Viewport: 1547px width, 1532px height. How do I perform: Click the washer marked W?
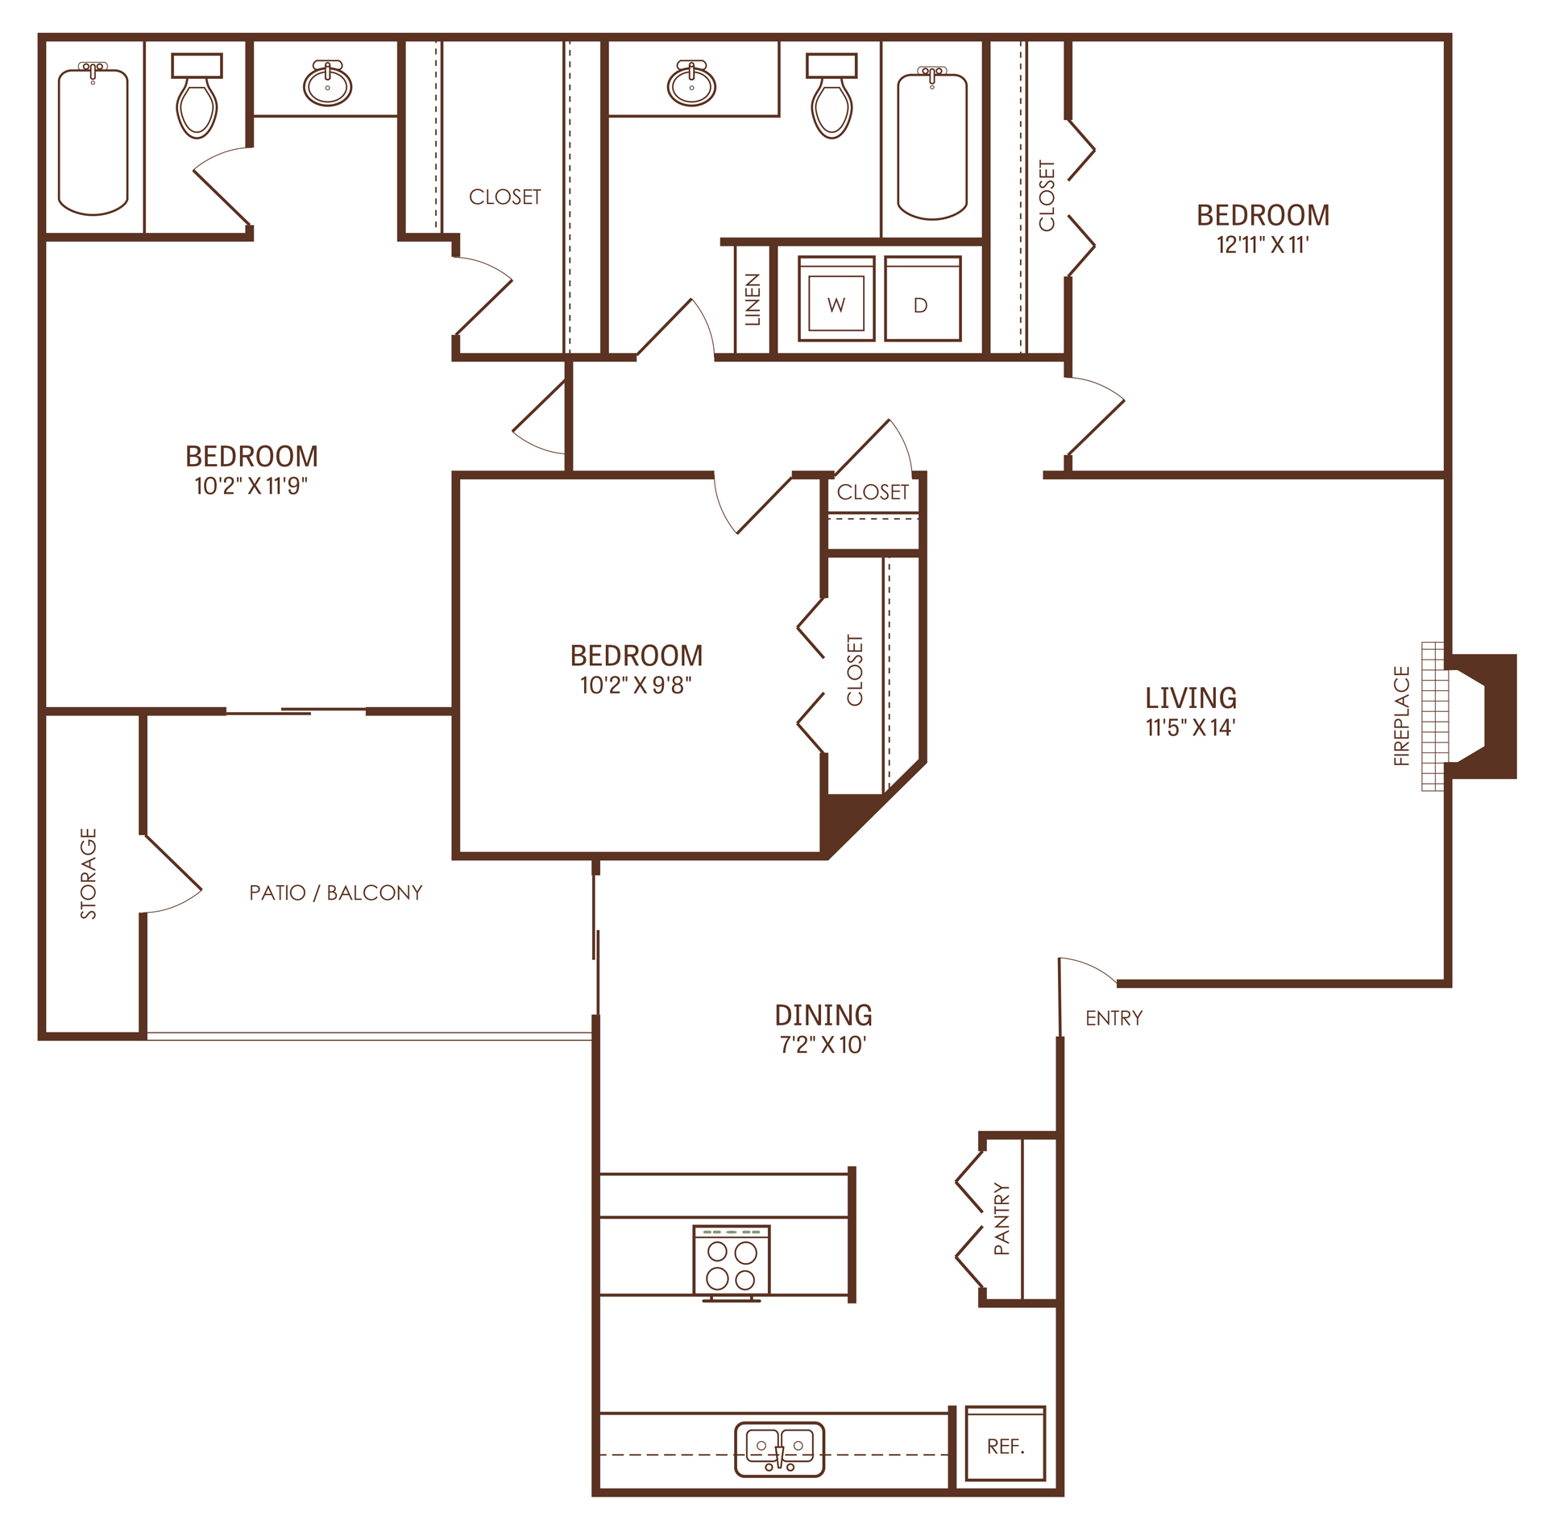tap(836, 300)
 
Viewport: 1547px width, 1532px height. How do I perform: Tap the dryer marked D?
tap(922, 300)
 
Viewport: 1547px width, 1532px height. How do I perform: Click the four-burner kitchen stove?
tap(731, 1263)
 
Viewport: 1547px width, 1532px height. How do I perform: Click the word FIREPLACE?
tap(1401, 715)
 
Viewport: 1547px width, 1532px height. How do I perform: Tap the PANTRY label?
tap(1001, 1219)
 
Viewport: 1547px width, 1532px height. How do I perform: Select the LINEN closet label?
tap(753, 300)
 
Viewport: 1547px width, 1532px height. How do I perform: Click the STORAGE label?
tap(89, 873)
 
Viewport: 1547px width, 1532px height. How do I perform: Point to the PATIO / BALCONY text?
tap(335, 892)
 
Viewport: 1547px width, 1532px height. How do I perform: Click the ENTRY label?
tap(1114, 1018)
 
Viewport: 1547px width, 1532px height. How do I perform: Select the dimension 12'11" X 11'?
tap(1262, 245)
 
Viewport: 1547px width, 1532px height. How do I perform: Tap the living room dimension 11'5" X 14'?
tap(1190, 727)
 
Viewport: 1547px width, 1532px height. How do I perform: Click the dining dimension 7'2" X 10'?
tap(823, 1045)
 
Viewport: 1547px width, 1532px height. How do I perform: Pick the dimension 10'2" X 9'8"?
tap(636, 685)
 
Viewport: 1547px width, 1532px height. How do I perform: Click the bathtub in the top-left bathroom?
tap(93, 143)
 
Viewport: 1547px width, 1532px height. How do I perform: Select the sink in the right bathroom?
tap(691, 85)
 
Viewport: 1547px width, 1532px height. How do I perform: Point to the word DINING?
tap(823, 1015)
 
